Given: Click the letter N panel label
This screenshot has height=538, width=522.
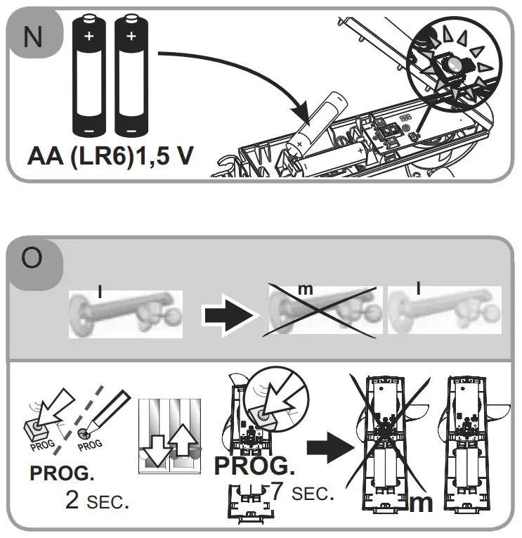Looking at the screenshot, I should coord(32,37).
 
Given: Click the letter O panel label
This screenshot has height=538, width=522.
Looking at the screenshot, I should coord(32,260).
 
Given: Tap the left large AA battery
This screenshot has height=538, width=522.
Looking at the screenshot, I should coord(90,76).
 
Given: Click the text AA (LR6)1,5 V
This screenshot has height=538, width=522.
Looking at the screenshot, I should coord(110,156).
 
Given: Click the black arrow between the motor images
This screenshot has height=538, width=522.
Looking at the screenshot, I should coord(228,314).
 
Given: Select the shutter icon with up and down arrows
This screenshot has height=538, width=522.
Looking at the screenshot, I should coord(168,435).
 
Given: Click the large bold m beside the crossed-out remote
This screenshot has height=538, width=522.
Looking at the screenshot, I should coord(420,504).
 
